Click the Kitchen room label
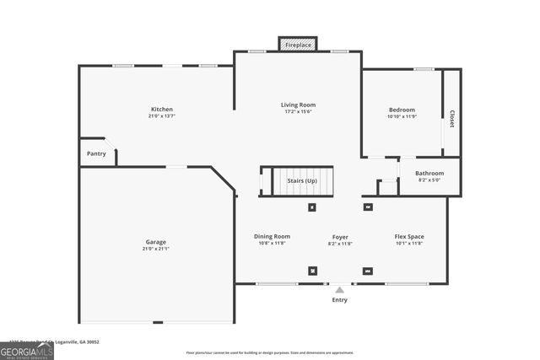click(x=162, y=110)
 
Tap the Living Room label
click(x=298, y=105)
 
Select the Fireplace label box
click(x=298, y=44)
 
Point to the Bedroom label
click(x=402, y=110)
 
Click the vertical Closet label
click(x=452, y=119)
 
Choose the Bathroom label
click(x=429, y=173)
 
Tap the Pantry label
click(x=96, y=153)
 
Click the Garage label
click(x=155, y=242)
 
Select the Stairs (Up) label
click(x=302, y=180)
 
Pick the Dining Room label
click(x=272, y=236)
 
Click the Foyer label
click(x=340, y=237)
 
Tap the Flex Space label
click(x=409, y=236)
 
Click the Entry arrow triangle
click(x=339, y=290)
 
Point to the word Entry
click(x=339, y=300)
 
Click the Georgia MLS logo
click(x=27, y=348)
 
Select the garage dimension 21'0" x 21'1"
click(x=155, y=250)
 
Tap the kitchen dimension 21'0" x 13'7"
click(x=162, y=116)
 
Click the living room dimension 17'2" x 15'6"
click(x=298, y=112)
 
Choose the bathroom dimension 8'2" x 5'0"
click(x=429, y=180)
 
